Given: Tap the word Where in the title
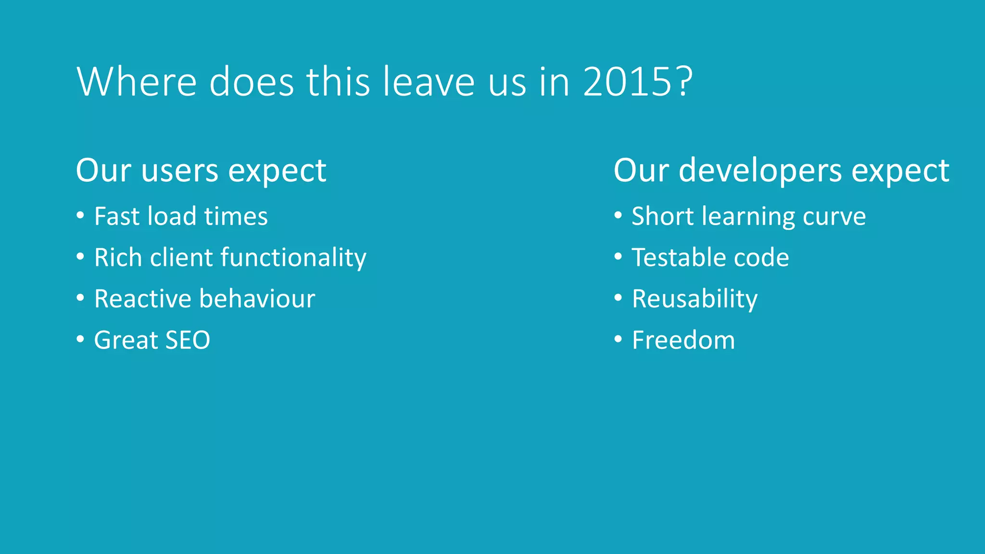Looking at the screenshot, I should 137,82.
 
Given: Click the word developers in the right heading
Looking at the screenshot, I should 760,171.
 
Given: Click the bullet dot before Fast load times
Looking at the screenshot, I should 80,215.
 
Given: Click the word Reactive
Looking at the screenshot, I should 142,299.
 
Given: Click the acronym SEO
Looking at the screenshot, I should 188,340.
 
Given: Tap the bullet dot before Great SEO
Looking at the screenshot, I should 80,339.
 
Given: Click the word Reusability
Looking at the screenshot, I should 695,299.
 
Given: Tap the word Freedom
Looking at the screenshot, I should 683,340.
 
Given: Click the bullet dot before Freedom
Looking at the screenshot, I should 618,339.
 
